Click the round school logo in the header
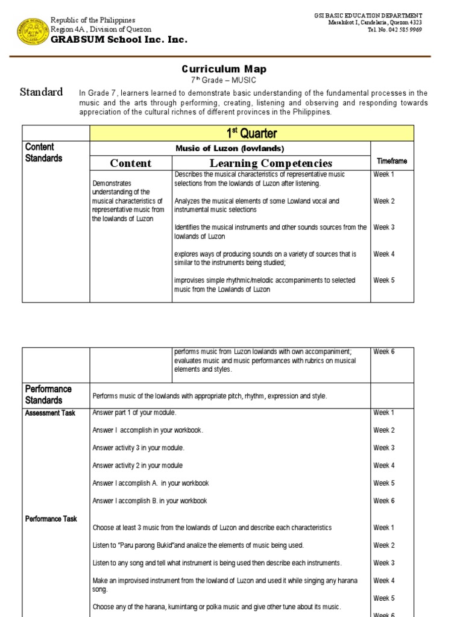33,28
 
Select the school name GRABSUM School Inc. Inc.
119,40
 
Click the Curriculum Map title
224,69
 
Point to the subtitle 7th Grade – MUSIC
224,80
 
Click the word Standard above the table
41,92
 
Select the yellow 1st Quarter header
251,133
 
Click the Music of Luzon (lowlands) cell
230,148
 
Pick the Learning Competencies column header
271,163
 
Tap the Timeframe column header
392,161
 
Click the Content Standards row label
43,152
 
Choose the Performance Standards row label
48,395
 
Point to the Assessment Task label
50,413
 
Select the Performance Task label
51,518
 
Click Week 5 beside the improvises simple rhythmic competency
383,280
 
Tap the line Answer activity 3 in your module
139,448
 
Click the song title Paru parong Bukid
143,545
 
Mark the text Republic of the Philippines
93,20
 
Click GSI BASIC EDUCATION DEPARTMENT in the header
368,15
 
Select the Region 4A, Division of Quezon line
101,29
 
